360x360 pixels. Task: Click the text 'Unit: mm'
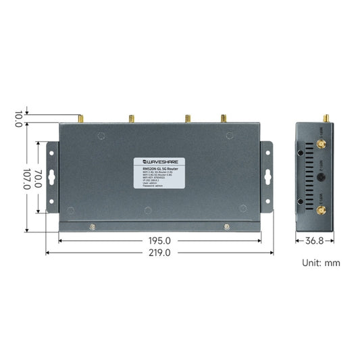pos(322,263)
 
